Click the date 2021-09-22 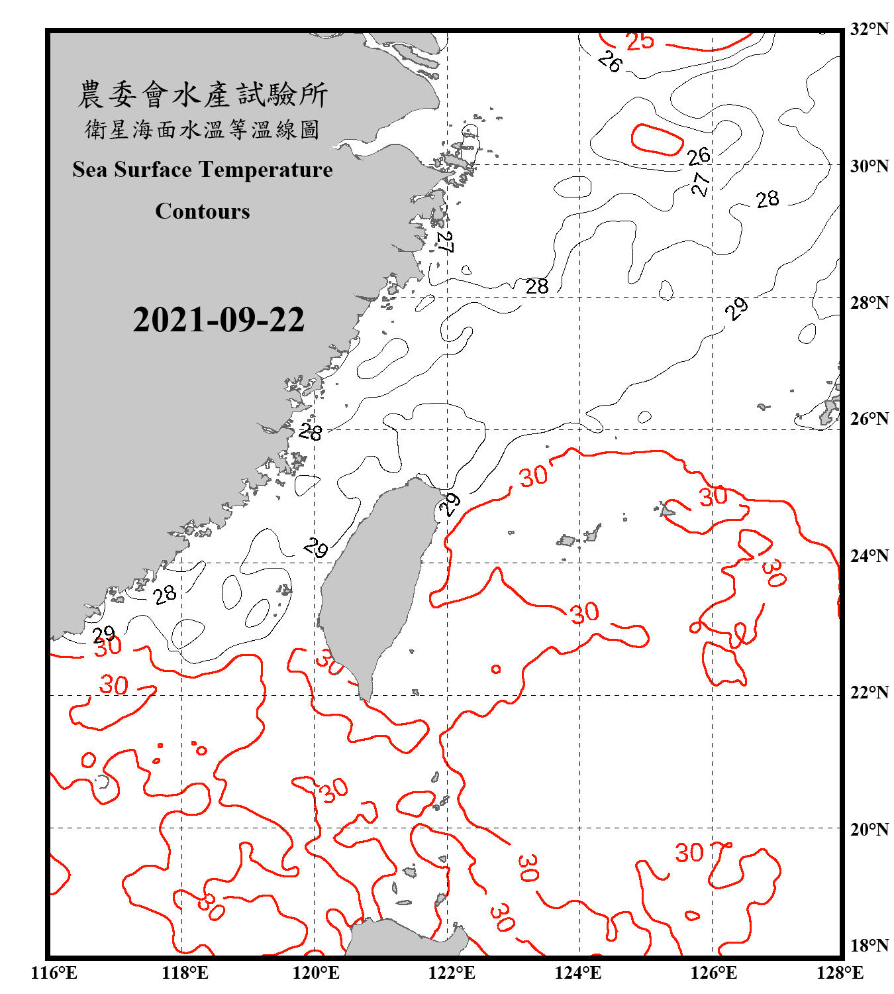(x=219, y=320)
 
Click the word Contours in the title (x=203, y=211)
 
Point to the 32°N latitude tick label (x=869, y=29)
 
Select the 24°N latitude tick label (x=869, y=555)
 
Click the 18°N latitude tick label (x=869, y=945)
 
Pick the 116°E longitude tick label (x=54, y=973)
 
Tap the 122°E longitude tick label (x=452, y=973)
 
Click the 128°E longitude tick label (x=840, y=973)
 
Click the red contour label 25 (x=640, y=42)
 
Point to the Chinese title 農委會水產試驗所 (x=203, y=95)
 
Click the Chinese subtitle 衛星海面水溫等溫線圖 (x=203, y=130)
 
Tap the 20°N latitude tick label (x=869, y=829)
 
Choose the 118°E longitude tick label (x=185, y=973)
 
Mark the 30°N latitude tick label (x=869, y=166)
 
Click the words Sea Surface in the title (x=132, y=170)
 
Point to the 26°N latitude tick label (x=869, y=419)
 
